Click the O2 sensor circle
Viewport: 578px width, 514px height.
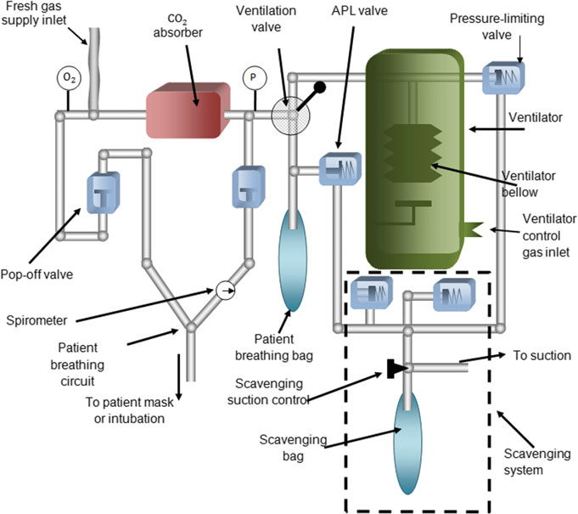pos(69,78)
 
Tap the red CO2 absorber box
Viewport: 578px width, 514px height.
pos(188,110)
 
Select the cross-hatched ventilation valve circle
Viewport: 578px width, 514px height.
pos(290,116)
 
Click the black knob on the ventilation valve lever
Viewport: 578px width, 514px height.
pos(319,88)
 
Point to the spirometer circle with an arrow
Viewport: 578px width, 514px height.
pos(225,291)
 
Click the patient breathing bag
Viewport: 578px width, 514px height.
pos(292,260)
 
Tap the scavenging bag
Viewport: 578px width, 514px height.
pos(407,443)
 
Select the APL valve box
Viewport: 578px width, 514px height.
pos(340,168)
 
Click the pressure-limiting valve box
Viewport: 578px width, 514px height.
pos(503,77)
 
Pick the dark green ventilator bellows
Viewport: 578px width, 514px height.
pos(412,153)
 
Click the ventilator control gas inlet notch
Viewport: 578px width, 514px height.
pos(471,230)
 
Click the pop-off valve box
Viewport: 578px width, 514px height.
pos(104,192)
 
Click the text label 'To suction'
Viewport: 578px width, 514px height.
pos(542,356)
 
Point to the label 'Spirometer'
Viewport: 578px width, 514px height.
pos(36,320)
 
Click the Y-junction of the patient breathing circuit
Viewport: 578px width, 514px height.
pos(191,326)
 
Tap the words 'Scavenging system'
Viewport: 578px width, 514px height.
pos(537,461)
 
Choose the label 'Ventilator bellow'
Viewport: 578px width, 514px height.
pos(528,184)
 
